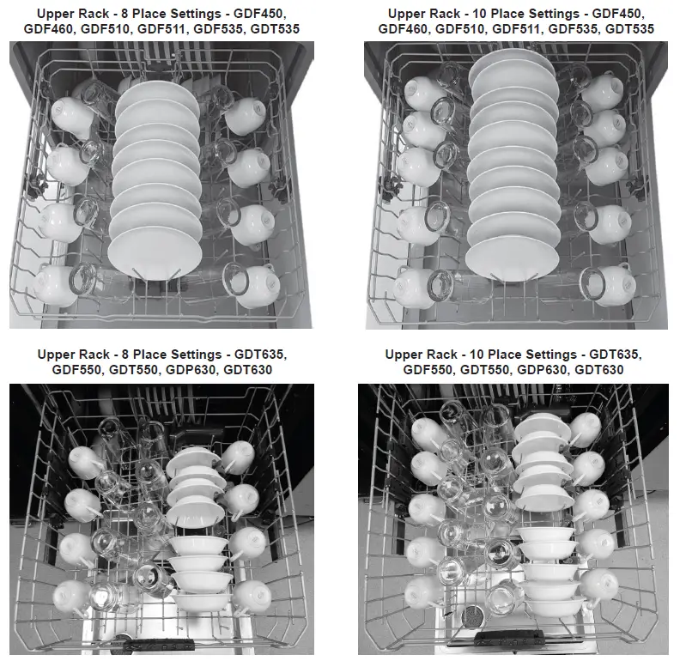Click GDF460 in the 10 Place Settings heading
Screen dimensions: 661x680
click(x=404, y=29)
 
